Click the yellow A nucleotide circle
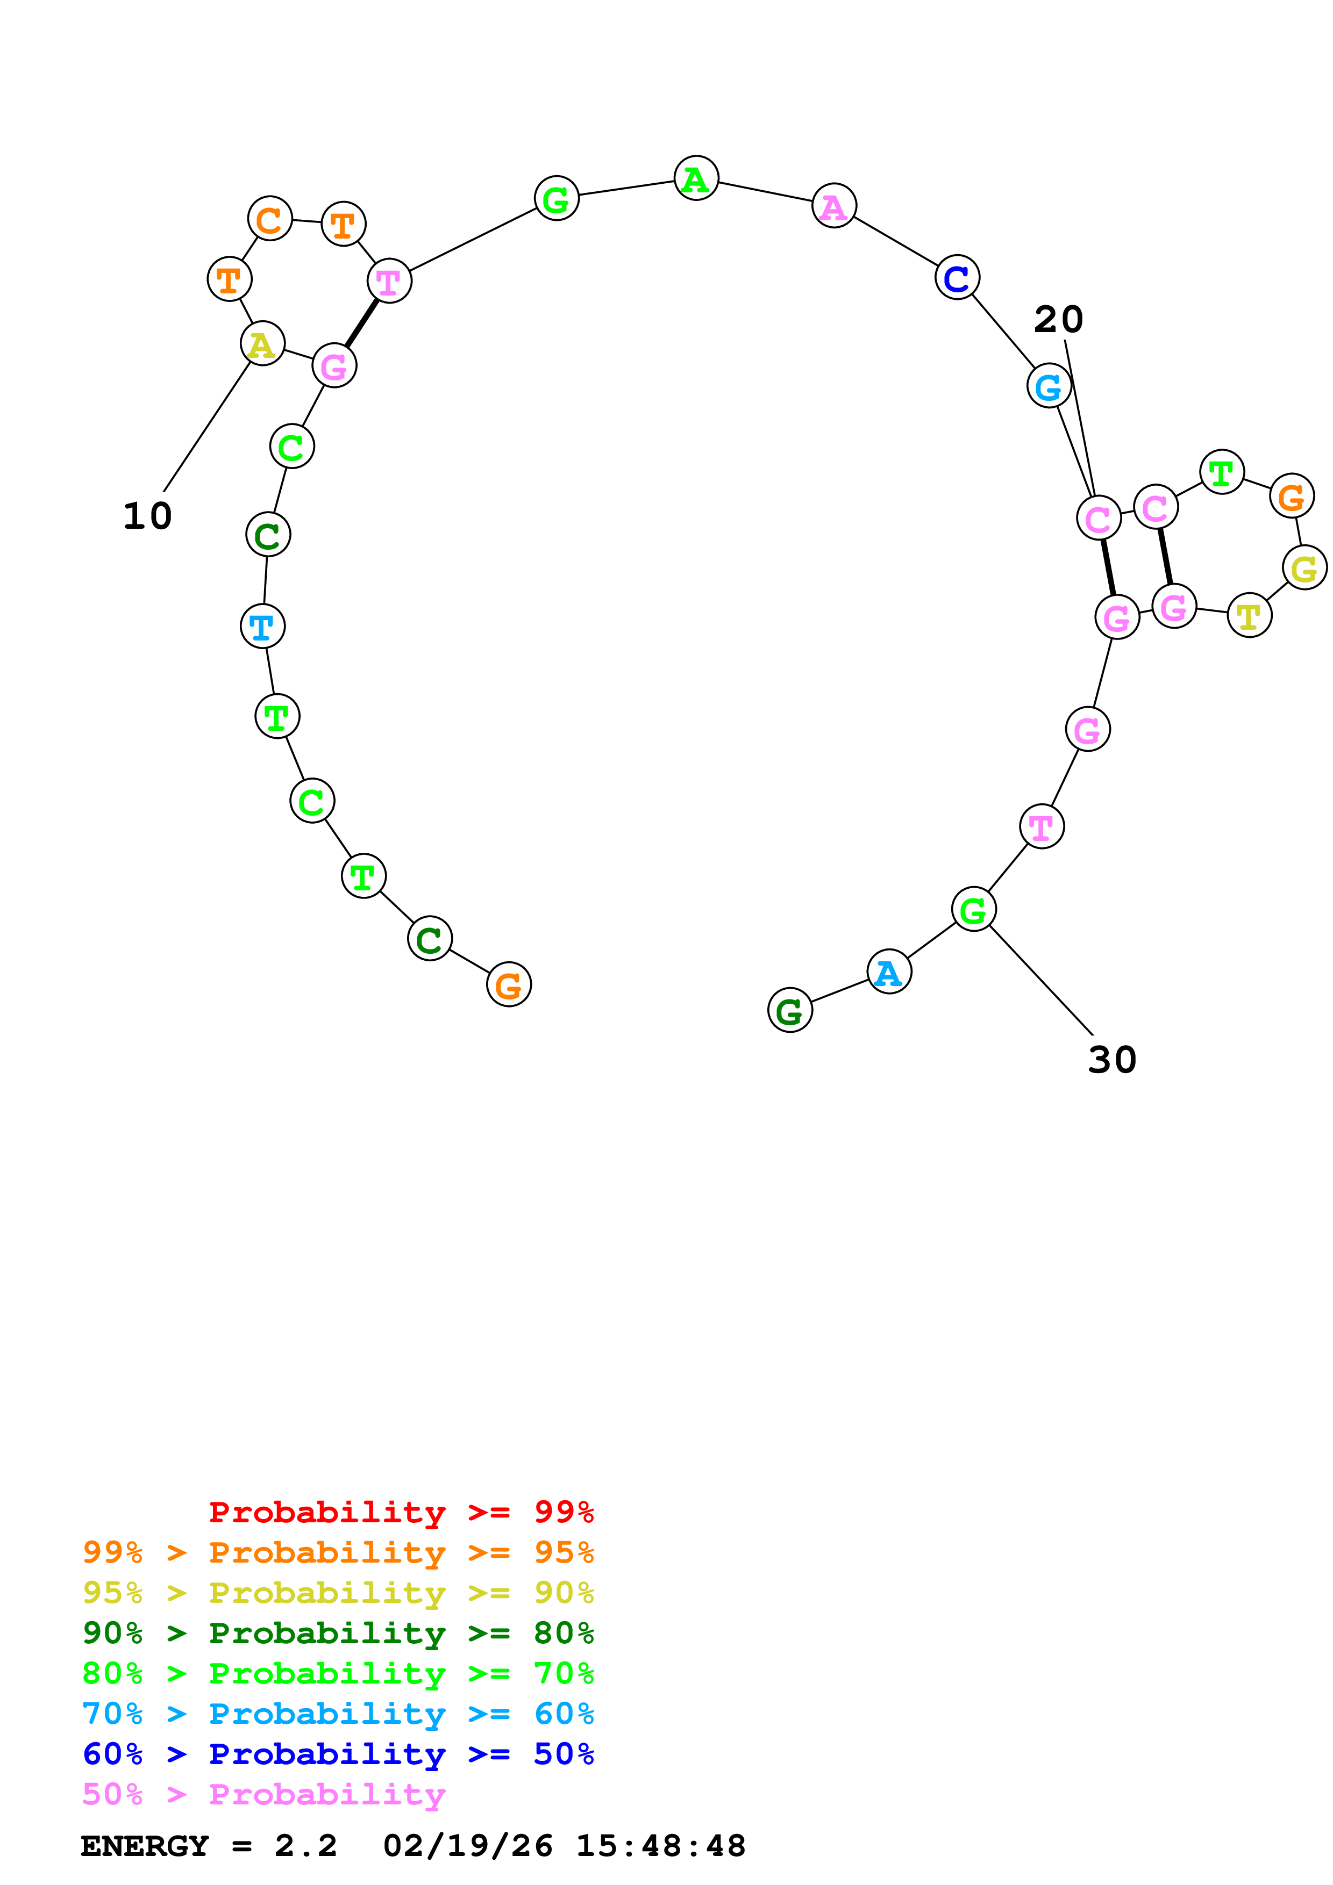pyautogui.click(x=262, y=344)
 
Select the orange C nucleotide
pyautogui.click(x=269, y=219)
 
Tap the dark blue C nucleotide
pyautogui.click(x=957, y=278)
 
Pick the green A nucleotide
pyautogui.click(x=696, y=179)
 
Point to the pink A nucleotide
pyautogui.click(x=833, y=206)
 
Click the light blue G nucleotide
pyautogui.click(x=1049, y=386)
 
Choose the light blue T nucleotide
pyautogui.click(x=262, y=627)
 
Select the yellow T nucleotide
pyautogui.click(x=1249, y=615)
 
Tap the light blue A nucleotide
pyautogui.click(x=889, y=972)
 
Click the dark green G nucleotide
pyautogui.click(x=789, y=1011)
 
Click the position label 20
pyautogui.click(x=1058, y=319)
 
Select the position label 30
pyautogui.click(x=1112, y=1060)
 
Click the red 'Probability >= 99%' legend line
pyautogui.click(x=401, y=1512)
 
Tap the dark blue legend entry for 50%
pyautogui.click(x=338, y=1754)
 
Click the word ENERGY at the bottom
pyautogui.click(x=145, y=1846)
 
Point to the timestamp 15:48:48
pyautogui.click(x=660, y=1846)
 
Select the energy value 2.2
pyautogui.click(x=305, y=1846)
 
